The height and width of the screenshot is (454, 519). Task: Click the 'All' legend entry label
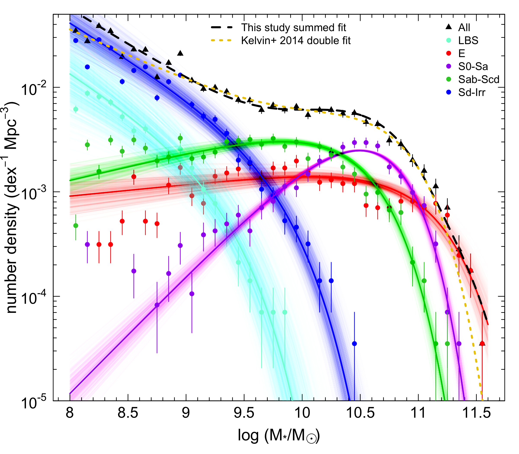(x=464, y=27)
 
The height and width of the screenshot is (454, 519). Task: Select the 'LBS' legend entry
(x=468, y=41)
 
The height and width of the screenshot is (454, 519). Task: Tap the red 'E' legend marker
(x=449, y=53)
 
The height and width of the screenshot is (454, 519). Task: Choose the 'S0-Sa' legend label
(x=473, y=66)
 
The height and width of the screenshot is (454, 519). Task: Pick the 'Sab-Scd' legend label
(x=478, y=80)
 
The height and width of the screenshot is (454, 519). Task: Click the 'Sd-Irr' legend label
(x=472, y=93)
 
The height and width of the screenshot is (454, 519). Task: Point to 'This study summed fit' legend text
(x=293, y=27)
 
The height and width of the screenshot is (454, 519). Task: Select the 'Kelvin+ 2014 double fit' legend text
(x=296, y=41)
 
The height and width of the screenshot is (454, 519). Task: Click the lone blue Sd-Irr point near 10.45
(x=354, y=344)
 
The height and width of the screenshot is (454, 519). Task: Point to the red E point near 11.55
(x=482, y=344)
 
